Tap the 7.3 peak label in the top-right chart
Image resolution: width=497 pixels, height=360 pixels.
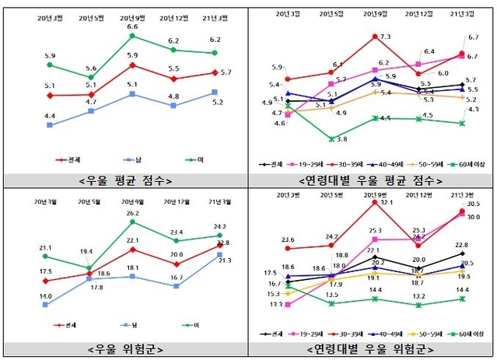[x=385, y=37]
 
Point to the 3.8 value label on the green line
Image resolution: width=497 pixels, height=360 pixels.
[x=341, y=138]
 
